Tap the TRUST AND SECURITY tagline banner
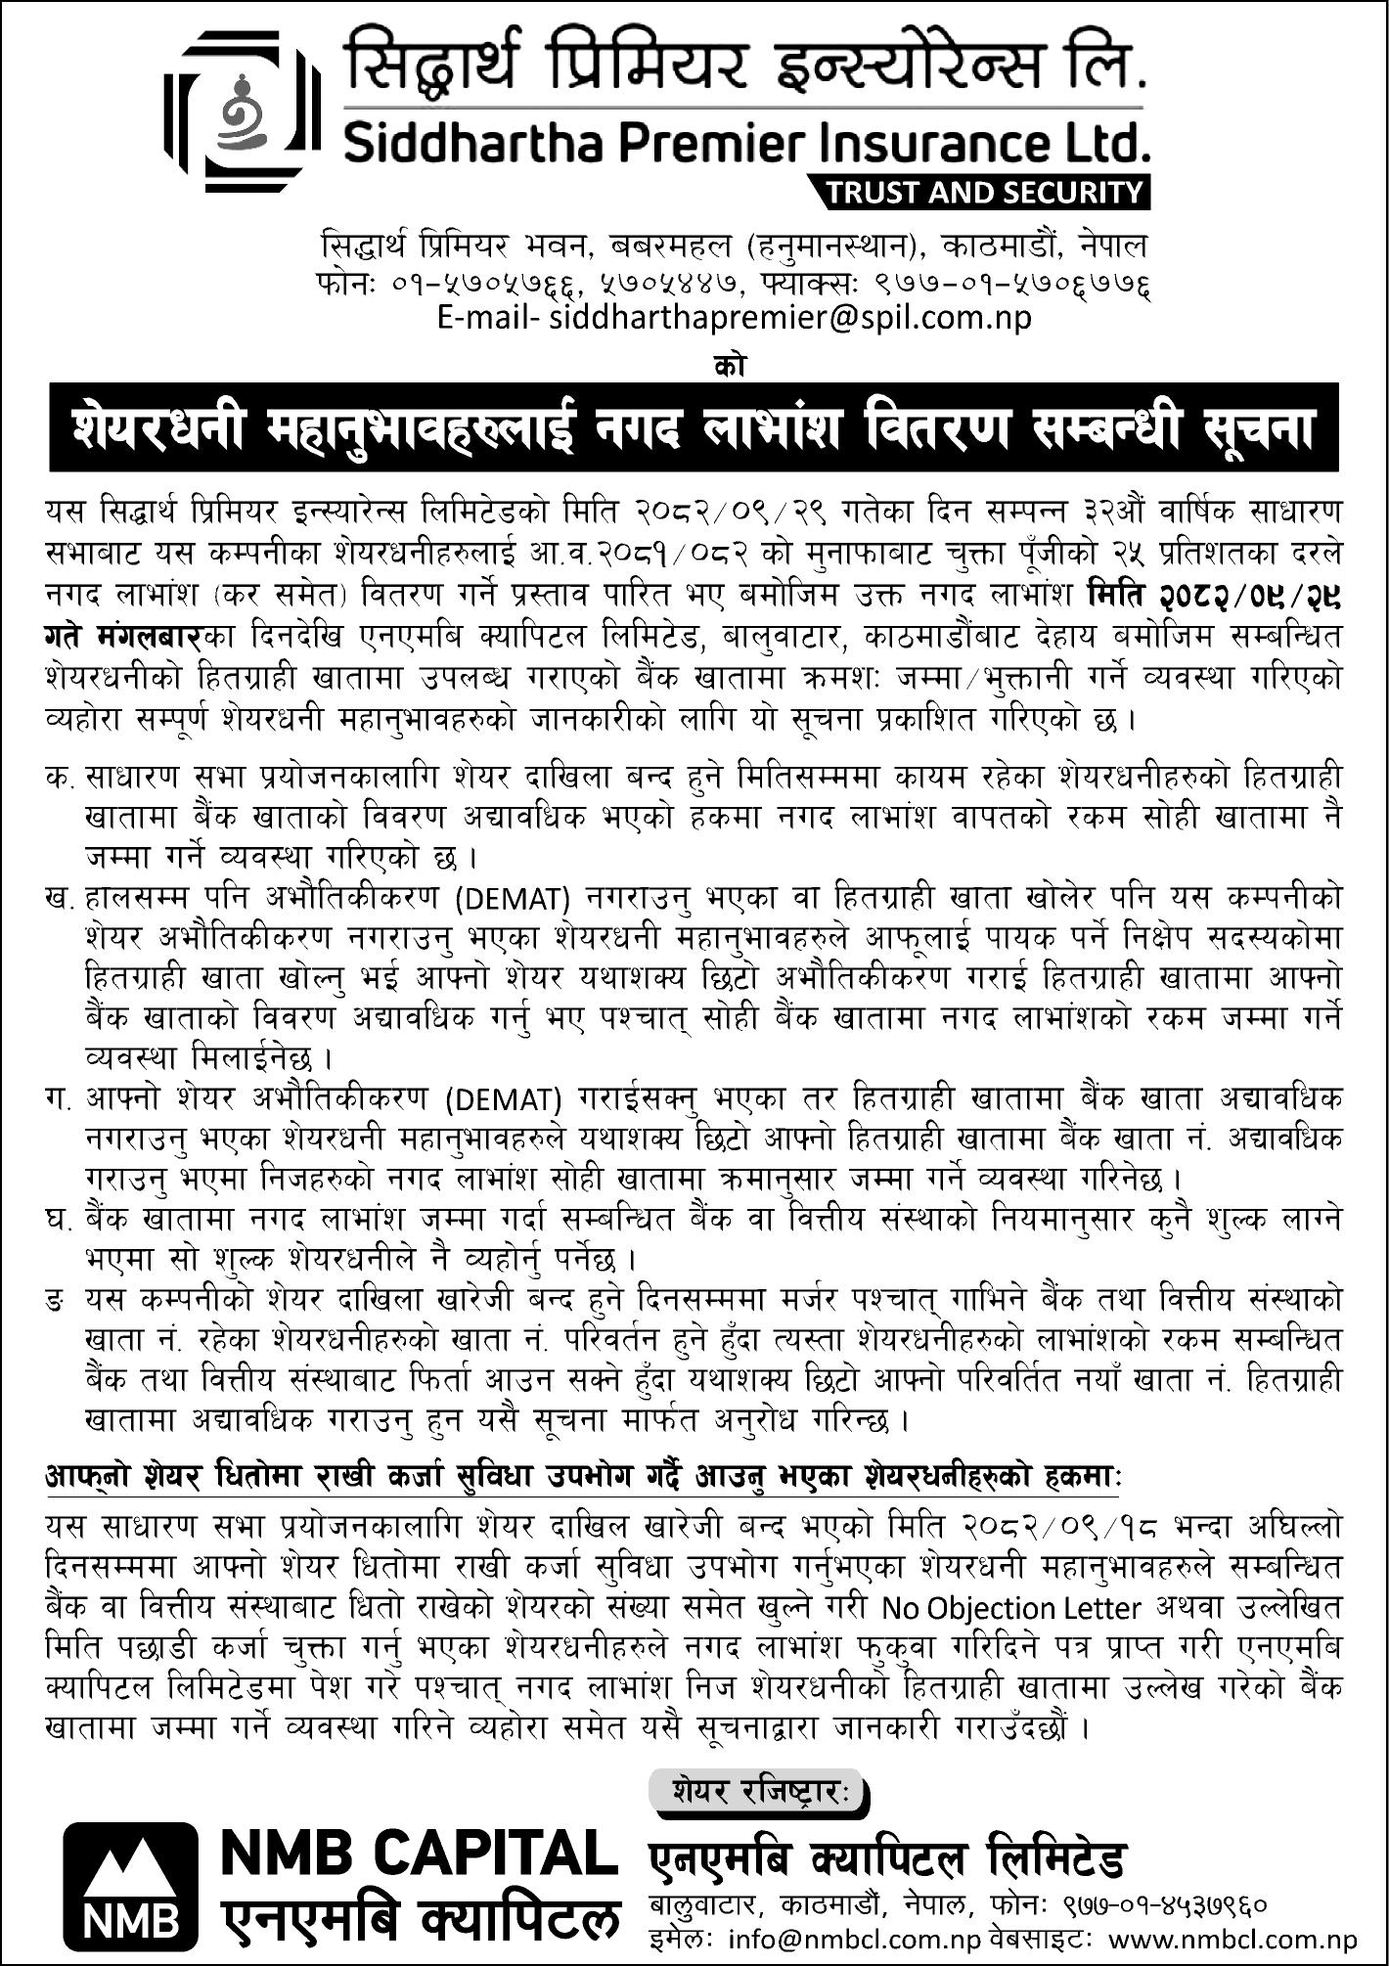coord(985,192)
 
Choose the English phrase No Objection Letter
coord(1011,1609)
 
